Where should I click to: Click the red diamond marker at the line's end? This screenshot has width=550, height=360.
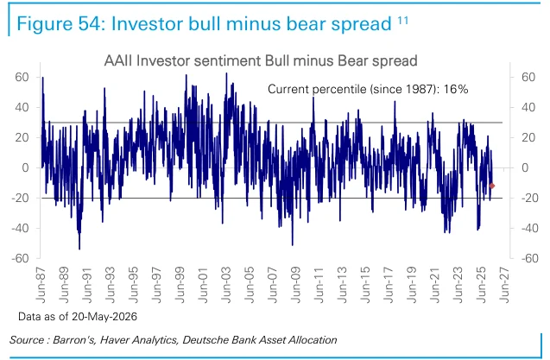tap(492, 186)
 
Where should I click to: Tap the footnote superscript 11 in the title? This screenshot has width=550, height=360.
tap(402, 21)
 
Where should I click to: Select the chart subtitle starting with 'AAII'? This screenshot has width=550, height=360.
tap(261, 60)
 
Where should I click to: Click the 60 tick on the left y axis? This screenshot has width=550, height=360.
tap(22, 77)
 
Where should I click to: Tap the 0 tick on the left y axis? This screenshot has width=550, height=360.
tap(25, 167)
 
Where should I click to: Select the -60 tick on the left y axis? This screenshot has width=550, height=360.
tap(20, 258)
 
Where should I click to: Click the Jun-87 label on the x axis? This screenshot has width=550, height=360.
tap(41, 285)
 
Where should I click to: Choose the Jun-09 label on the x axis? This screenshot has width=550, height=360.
tap(296, 285)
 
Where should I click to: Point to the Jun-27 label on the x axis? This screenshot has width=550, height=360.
tap(504, 285)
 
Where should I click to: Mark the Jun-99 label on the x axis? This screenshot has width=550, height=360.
tap(180, 285)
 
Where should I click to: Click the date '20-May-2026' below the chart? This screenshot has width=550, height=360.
tap(104, 317)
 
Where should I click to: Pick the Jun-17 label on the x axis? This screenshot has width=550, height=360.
tap(389, 285)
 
